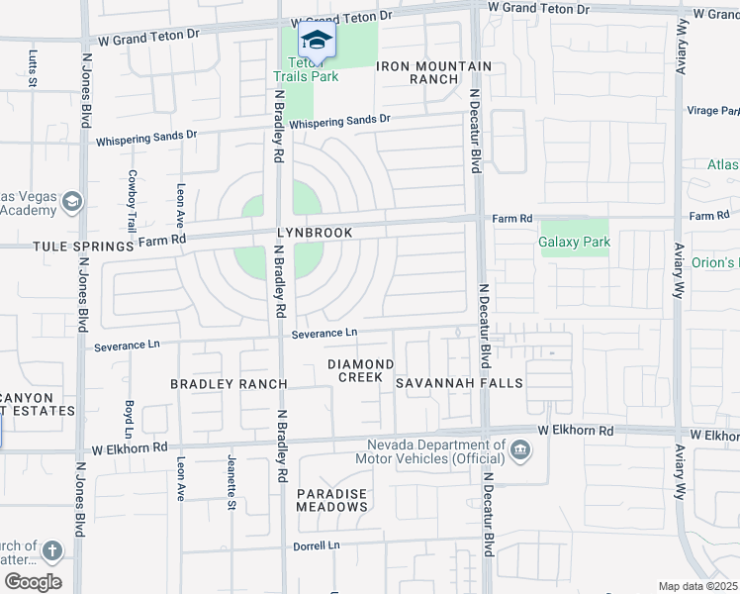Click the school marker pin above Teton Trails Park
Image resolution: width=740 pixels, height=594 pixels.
click(x=316, y=41)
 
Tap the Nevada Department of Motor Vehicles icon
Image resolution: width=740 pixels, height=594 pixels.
click(x=518, y=451)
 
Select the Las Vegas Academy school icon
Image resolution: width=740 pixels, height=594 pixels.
click(x=71, y=203)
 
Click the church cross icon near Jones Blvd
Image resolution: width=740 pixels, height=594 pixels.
click(x=51, y=551)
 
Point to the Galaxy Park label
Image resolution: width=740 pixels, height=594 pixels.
click(x=574, y=242)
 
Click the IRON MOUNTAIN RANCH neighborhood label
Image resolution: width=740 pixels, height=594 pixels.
click(x=433, y=72)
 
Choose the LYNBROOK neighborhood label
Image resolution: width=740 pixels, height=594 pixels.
click(x=315, y=233)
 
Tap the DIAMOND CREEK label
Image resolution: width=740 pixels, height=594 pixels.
click(x=361, y=371)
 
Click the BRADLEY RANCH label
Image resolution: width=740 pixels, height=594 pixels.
click(x=229, y=383)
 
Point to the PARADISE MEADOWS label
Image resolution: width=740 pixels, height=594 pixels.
click(x=332, y=500)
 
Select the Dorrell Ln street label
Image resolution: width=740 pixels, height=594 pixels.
click(x=316, y=545)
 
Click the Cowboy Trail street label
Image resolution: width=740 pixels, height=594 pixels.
click(x=132, y=201)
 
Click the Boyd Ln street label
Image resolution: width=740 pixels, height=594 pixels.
click(x=130, y=419)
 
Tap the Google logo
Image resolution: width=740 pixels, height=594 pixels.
click(x=33, y=582)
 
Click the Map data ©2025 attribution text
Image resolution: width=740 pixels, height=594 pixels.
click(x=698, y=586)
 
